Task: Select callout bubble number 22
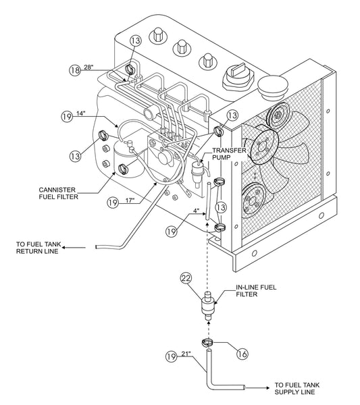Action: coord(187,279)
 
